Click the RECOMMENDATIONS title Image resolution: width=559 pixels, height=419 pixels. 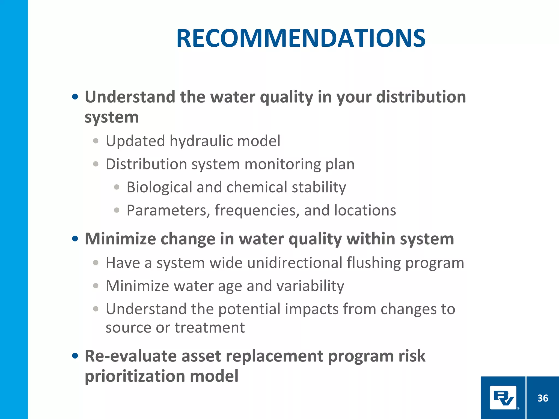click(301, 38)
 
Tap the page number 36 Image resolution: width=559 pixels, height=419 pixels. click(543, 398)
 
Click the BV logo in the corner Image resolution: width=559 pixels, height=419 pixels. click(503, 397)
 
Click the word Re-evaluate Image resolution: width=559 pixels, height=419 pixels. click(131, 356)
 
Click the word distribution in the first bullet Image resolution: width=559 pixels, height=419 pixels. click(421, 97)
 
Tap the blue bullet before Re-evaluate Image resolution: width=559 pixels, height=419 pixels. click(75, 356)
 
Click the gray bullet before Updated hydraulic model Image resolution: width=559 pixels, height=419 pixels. click(96, 141)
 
